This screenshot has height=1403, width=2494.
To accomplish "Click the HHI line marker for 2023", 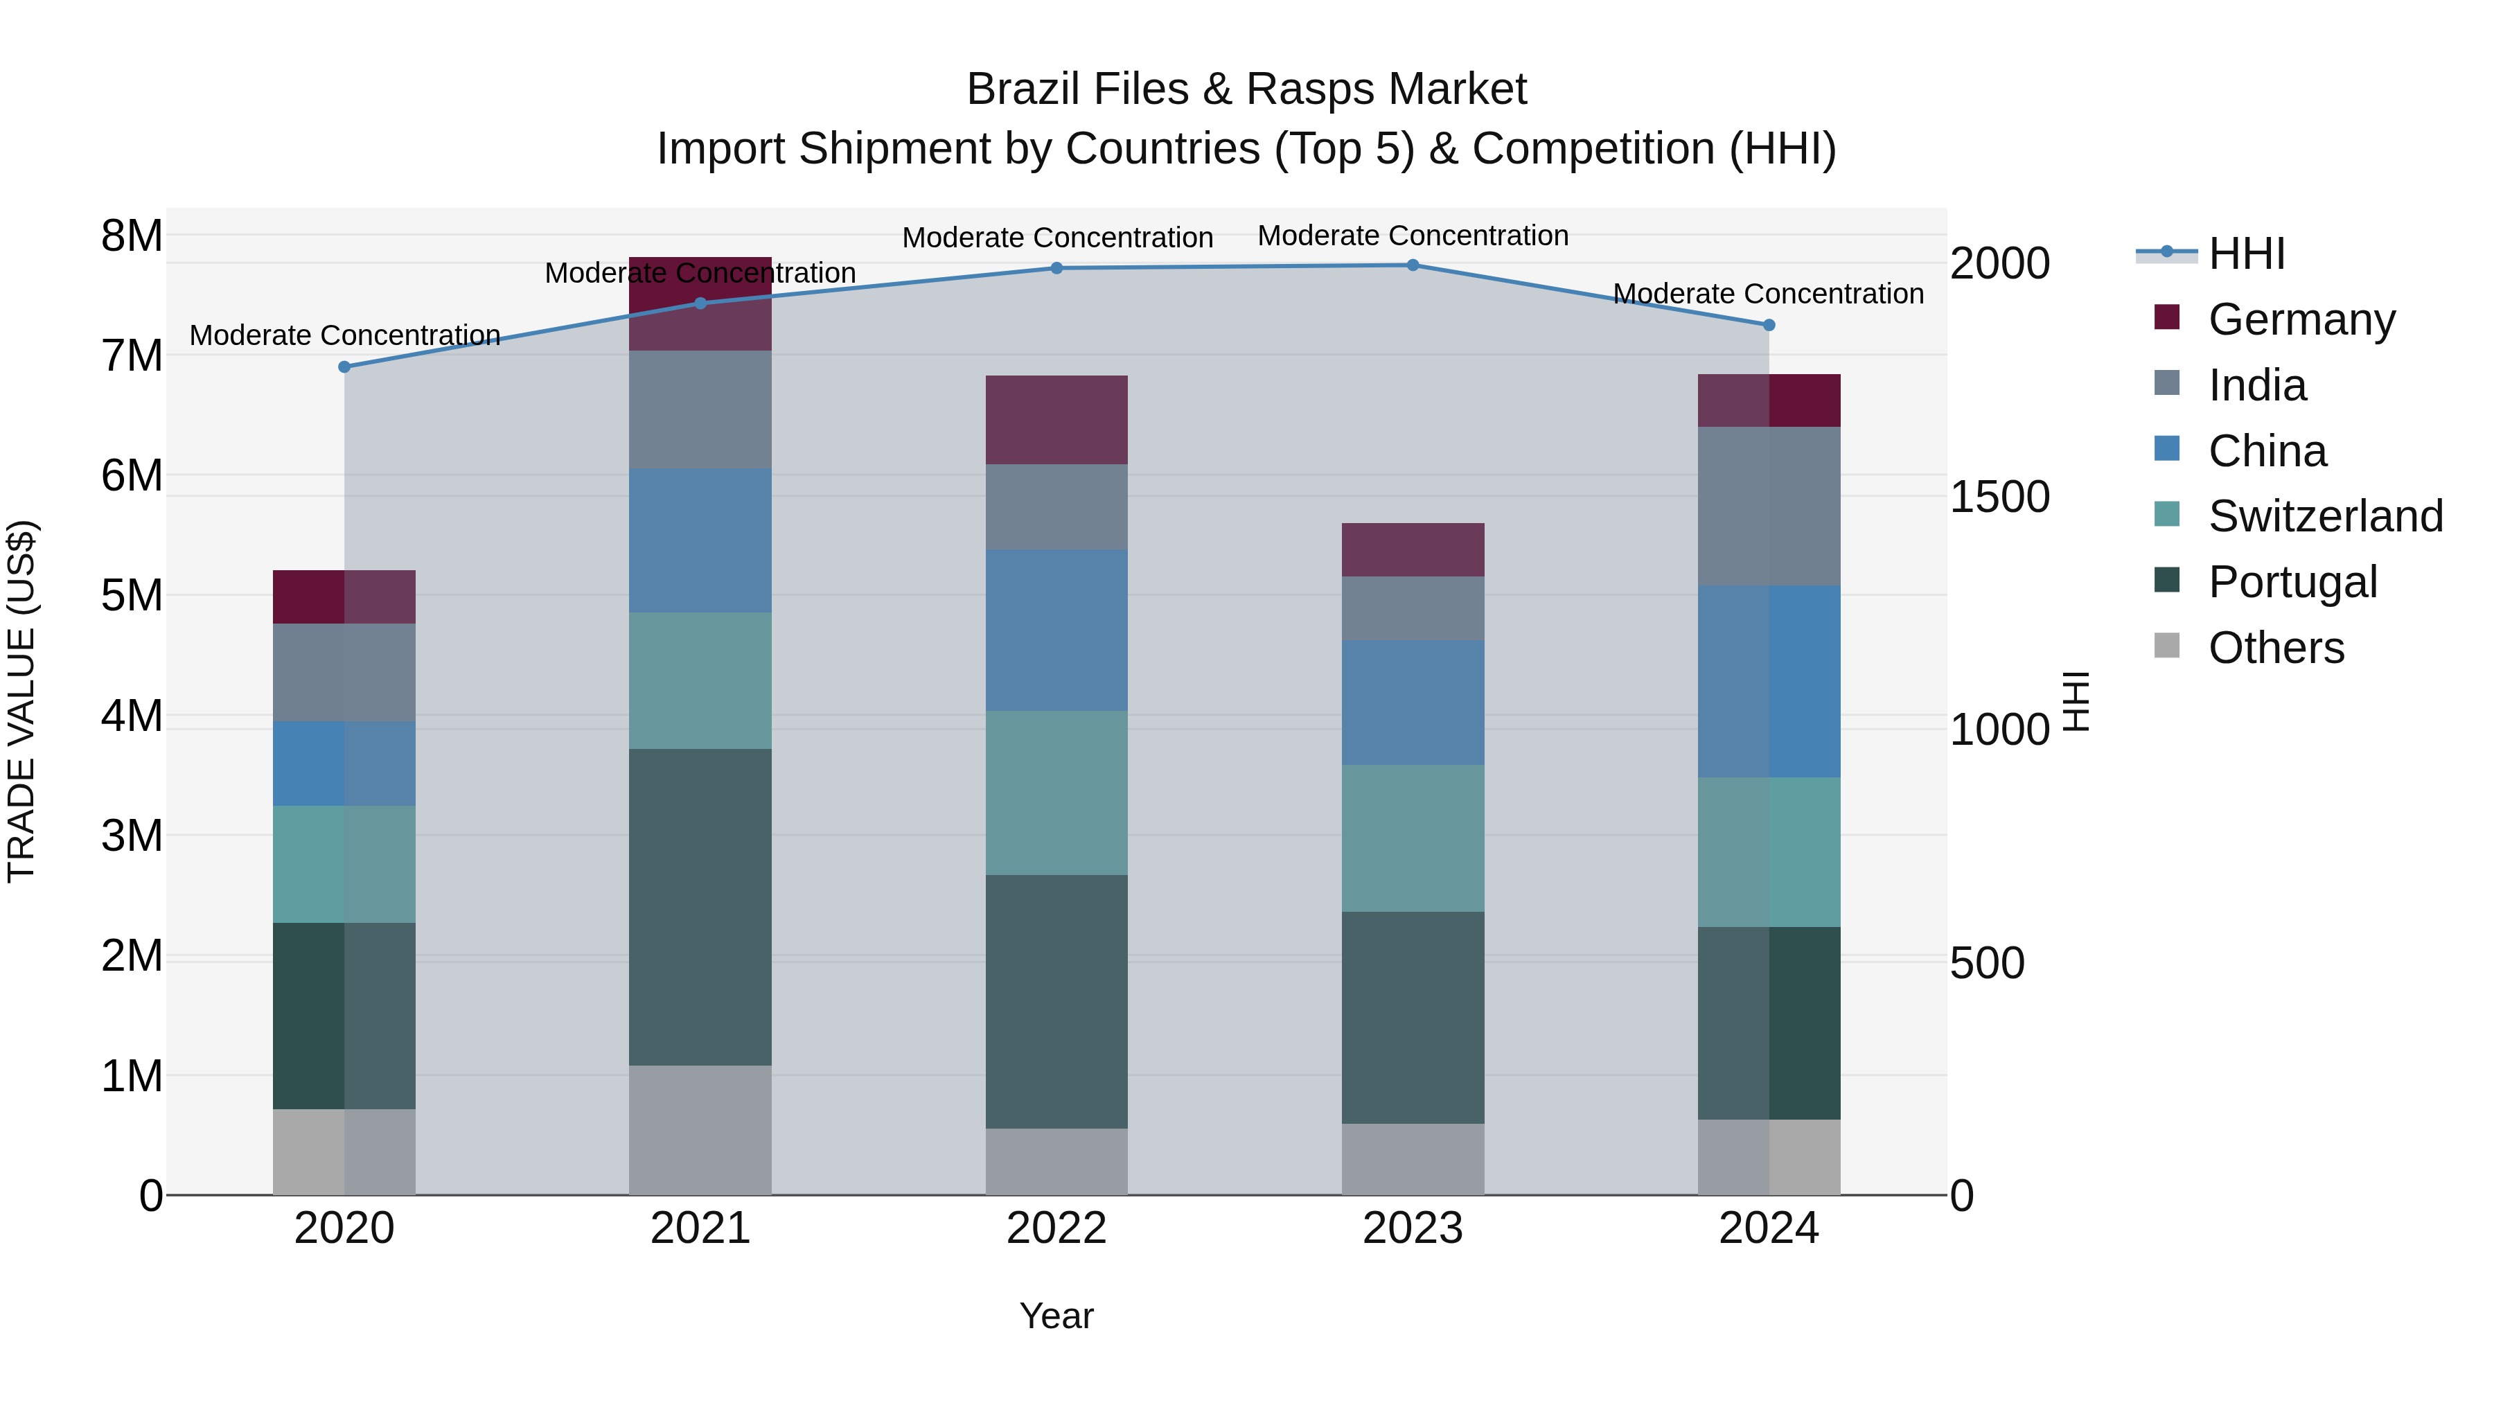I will pyautogui.click(x=1413, y=265).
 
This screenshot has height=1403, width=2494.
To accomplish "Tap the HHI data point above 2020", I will pyautogui.click(x=345, y=367).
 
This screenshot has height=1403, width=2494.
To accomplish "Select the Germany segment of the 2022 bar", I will pyautogui.click(x=1056, y=421).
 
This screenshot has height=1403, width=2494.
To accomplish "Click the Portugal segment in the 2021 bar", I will pyautogui.click(x=700, y=907).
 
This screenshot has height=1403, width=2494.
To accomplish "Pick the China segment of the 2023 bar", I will pyautogui.click(x=1413, y=703).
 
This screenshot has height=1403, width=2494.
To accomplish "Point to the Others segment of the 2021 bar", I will pyautogui.click(x=700, y=1130).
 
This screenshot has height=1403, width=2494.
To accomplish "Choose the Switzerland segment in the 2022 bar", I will pyautogui.click(x=1056, y=793).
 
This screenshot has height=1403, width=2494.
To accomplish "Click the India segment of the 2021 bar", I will pyautogui.click(x=700, y=409).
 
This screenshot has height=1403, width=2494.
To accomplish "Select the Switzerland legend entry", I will pyautogui.click(x=2324, y=516).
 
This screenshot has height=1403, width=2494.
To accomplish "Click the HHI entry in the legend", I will pyautogui.click(x=2246, y=254).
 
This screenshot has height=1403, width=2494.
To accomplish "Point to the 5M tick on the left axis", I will pyautogui.click(x=132, y=595).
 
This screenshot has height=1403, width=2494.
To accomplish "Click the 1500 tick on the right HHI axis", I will pyautogui.click(x=1999, y=497).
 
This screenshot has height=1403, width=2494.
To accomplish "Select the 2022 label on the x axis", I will pyautogui.click(x=1056, y=1228).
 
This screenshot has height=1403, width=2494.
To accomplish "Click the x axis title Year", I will pyautogui.click(x=1056, y=1316).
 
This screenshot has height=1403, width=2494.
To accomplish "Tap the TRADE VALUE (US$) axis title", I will pyautogui.click(x=21, y=702).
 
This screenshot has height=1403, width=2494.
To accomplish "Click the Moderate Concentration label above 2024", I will pyautogui.click(x=1768, y=293).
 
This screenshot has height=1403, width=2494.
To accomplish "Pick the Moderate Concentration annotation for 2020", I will pyautogui.click(x=345, y=335).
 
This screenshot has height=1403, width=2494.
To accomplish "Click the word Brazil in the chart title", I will pyautogui.click(x=1028, y=89).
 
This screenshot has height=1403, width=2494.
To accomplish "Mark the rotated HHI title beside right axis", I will pyautogui.click(x=2078, y=702).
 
